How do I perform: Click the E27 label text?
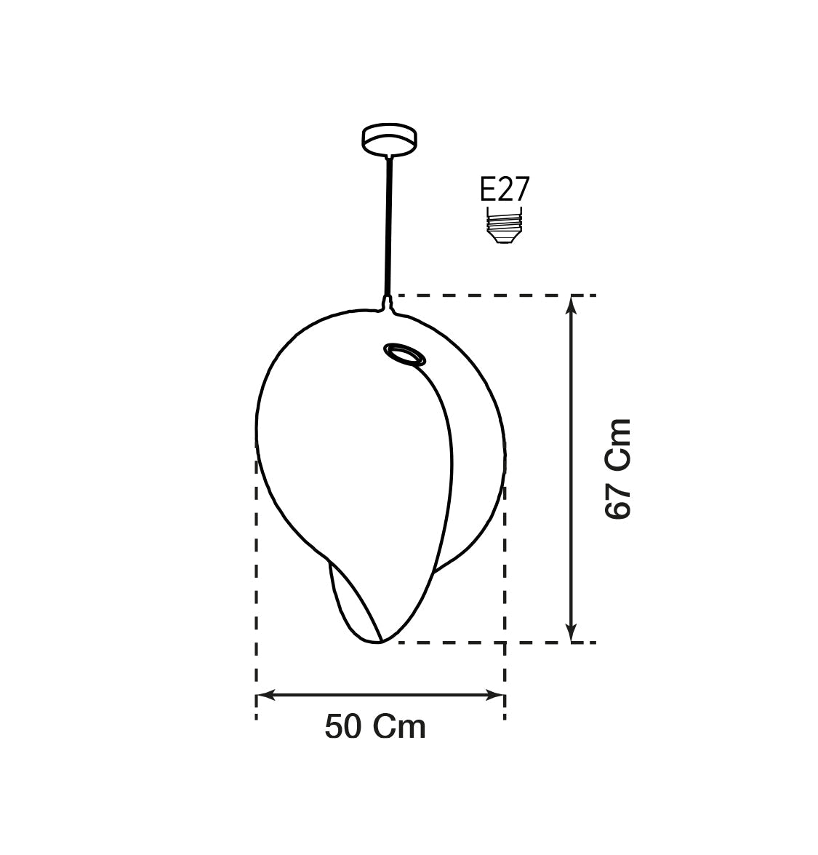(505, 189)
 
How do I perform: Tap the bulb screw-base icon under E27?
(504, 225)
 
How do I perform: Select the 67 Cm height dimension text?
(618, 469)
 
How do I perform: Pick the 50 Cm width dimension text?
(375, 727)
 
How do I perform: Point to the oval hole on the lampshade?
(404, 354)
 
